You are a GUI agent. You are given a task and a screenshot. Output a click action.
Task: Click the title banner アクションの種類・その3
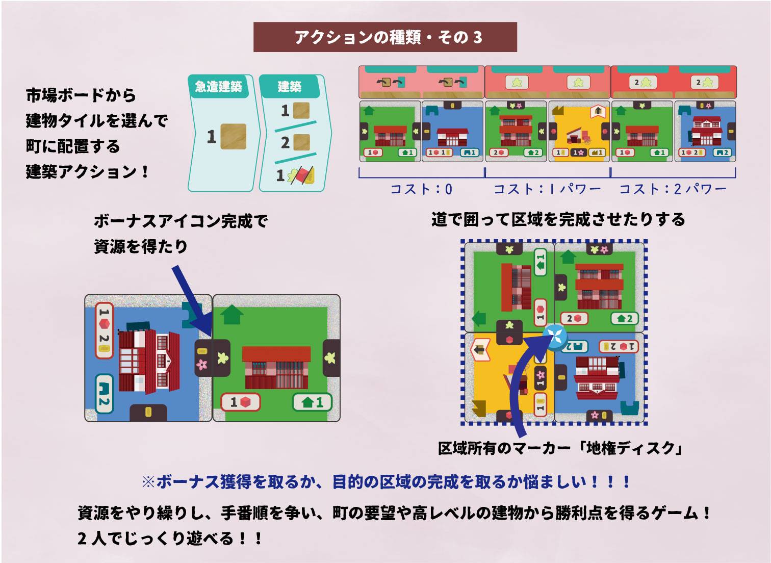[385, 37]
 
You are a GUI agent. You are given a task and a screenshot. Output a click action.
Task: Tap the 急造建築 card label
[218, 87]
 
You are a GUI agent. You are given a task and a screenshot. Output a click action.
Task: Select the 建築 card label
[289, 87]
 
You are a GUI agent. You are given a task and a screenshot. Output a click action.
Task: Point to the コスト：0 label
[421, 189]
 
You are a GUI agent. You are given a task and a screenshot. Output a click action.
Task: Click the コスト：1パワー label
[547, 189]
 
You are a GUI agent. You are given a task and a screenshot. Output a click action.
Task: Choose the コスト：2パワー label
[673, 189]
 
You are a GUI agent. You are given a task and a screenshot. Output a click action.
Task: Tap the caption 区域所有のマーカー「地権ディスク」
[560, 448]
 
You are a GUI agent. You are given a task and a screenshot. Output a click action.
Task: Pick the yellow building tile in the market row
[579, 131]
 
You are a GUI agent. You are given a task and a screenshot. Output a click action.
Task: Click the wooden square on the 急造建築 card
[233, 137]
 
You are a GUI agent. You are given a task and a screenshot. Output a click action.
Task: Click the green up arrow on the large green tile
[233, 315]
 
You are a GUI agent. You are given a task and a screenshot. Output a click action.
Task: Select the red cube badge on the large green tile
[240, 402]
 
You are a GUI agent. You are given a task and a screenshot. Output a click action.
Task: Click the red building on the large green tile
[276, 367]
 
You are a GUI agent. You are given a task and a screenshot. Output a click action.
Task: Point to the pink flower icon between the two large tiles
[202, 364]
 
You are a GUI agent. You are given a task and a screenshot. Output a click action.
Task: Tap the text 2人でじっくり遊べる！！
[170, 538]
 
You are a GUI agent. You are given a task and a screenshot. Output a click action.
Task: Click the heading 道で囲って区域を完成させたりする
[558, 220]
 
